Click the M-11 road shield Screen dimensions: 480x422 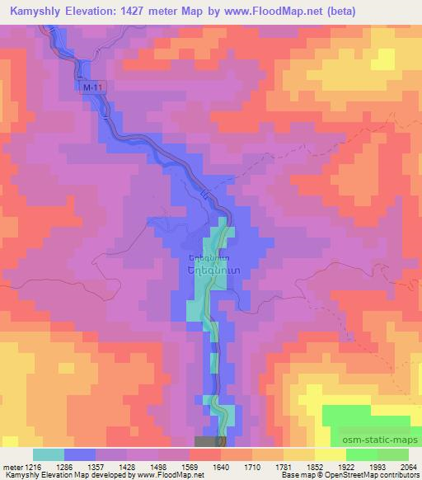[95, 85]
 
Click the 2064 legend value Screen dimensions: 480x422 [409, 467]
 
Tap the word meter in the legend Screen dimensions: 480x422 [12, 467]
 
